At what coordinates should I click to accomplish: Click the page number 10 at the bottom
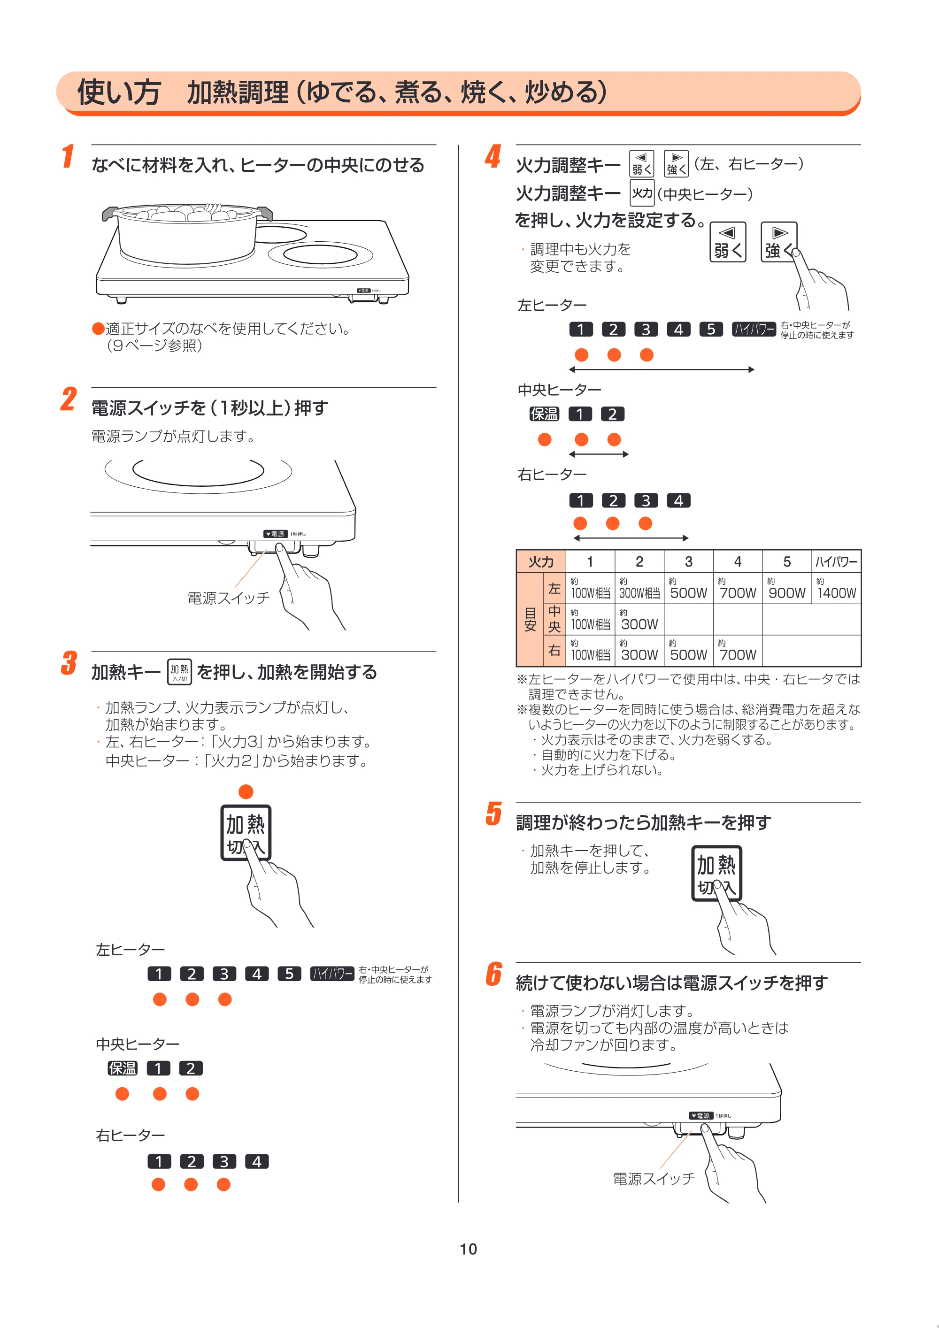tap(468, 1249)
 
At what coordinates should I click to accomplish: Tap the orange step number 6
tap(493, 974)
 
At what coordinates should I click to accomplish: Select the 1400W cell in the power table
tap(836, 588)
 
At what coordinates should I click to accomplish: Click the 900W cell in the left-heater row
tap(787, 588)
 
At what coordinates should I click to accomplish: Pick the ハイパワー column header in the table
tap(836, 561)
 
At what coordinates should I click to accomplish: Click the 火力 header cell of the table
tap(541, 561)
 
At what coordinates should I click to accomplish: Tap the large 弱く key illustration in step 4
tap(728, 242)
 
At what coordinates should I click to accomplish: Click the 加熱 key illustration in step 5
tap(716, 874)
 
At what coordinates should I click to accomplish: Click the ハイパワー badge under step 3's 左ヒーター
tap(332, 974)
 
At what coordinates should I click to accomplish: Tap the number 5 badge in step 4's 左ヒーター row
tap(711, 330)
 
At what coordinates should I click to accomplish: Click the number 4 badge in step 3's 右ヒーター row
tap(257, 1161)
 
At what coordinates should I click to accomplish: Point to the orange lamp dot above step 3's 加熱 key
tap(246, 791)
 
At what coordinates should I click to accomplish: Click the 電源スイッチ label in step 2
tap(229, 598)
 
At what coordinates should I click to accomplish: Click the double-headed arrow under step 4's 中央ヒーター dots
tap(599, 454)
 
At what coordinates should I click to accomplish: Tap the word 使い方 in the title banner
tap(119, 92)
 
